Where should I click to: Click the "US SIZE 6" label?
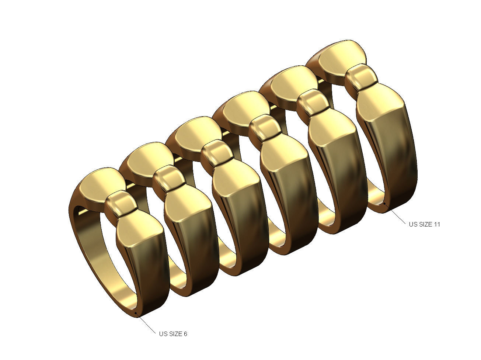click(173, 334)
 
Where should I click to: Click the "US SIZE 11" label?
click(424, 224)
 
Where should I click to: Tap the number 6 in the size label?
click(185, 334)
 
